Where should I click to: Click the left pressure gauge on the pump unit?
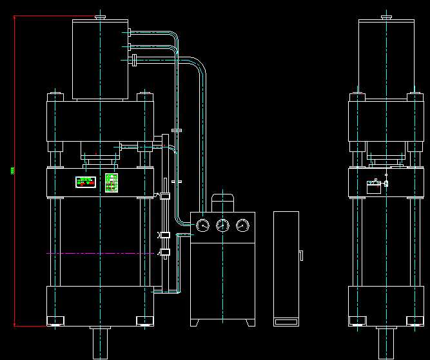203,225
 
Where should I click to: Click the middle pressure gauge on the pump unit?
223,225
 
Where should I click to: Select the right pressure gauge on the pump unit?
242,225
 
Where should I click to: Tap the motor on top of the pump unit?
222,202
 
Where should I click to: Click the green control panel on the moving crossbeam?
112,182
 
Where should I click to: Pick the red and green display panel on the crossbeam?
85,182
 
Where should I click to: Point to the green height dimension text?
12,171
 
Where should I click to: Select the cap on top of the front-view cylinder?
100,17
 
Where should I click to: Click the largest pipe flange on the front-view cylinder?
133,61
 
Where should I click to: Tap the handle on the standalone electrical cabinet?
301,256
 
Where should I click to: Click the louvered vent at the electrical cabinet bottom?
286,321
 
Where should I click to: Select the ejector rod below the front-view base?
99,342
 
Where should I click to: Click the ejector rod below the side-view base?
386,342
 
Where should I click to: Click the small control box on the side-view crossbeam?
374,186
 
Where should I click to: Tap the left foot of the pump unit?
196,322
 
